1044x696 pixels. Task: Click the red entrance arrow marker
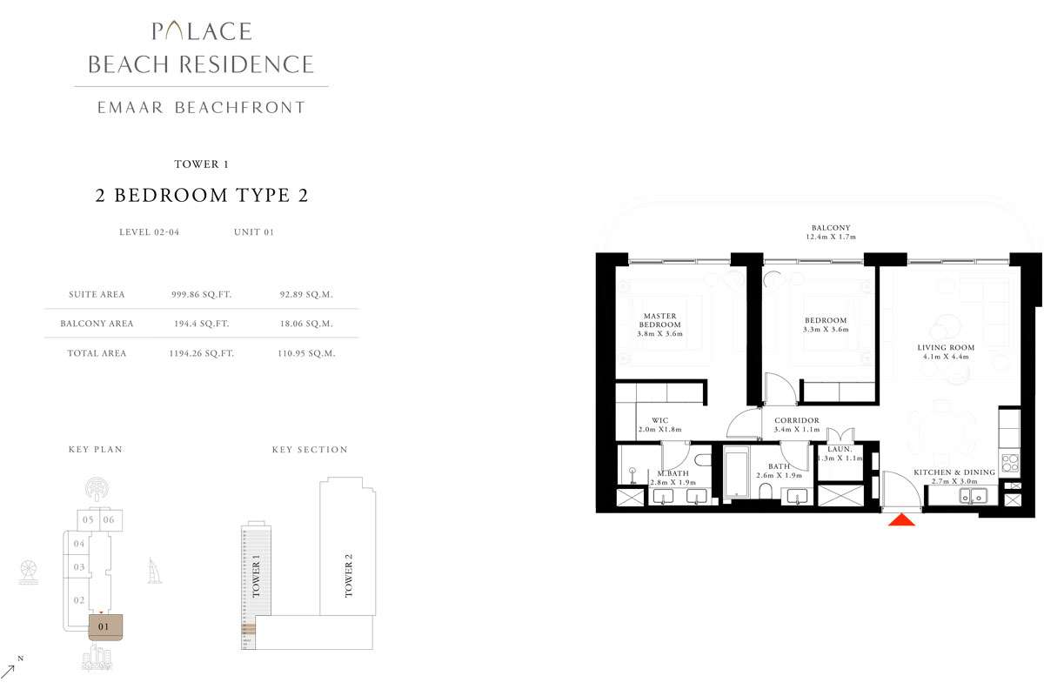tap(901, 519)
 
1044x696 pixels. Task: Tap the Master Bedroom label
tap(660, 325)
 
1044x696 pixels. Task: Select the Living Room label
tap(946, 351)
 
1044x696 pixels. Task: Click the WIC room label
tap(659, 424)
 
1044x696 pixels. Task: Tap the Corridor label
tap(796, 425)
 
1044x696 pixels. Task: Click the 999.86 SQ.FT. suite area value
tap(201, 295)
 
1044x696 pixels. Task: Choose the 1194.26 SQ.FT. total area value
tap(201, 353)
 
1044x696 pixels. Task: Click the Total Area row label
tap(97, 353)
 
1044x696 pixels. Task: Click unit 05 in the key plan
tap(88, 519)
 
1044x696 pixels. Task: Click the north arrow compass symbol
tap(12, 668)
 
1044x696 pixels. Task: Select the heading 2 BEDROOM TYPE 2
tap(201, 196)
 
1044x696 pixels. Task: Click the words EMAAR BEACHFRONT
tap(201, 108)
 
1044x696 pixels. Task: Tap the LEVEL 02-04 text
tap(149, 232)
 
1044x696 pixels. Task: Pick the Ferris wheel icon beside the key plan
tap(27, 573)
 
